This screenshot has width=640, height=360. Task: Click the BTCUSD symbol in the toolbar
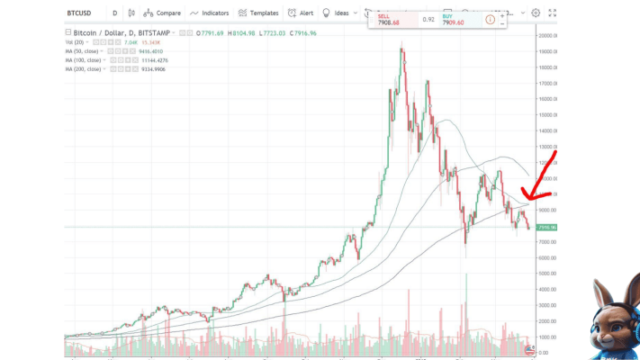(81, 13)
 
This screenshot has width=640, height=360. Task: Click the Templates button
(259, 13)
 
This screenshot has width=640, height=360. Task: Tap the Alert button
(302, 13)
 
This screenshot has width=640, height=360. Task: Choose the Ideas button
(337, 13)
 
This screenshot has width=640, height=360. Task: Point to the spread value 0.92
(428, 18)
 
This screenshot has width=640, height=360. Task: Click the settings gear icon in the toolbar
(536, 13)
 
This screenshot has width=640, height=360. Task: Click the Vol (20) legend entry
(77, 42)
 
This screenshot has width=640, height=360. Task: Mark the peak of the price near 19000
(401, 47)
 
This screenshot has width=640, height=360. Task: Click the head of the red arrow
(524, 197)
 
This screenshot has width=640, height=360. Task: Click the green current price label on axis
(546, 227)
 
